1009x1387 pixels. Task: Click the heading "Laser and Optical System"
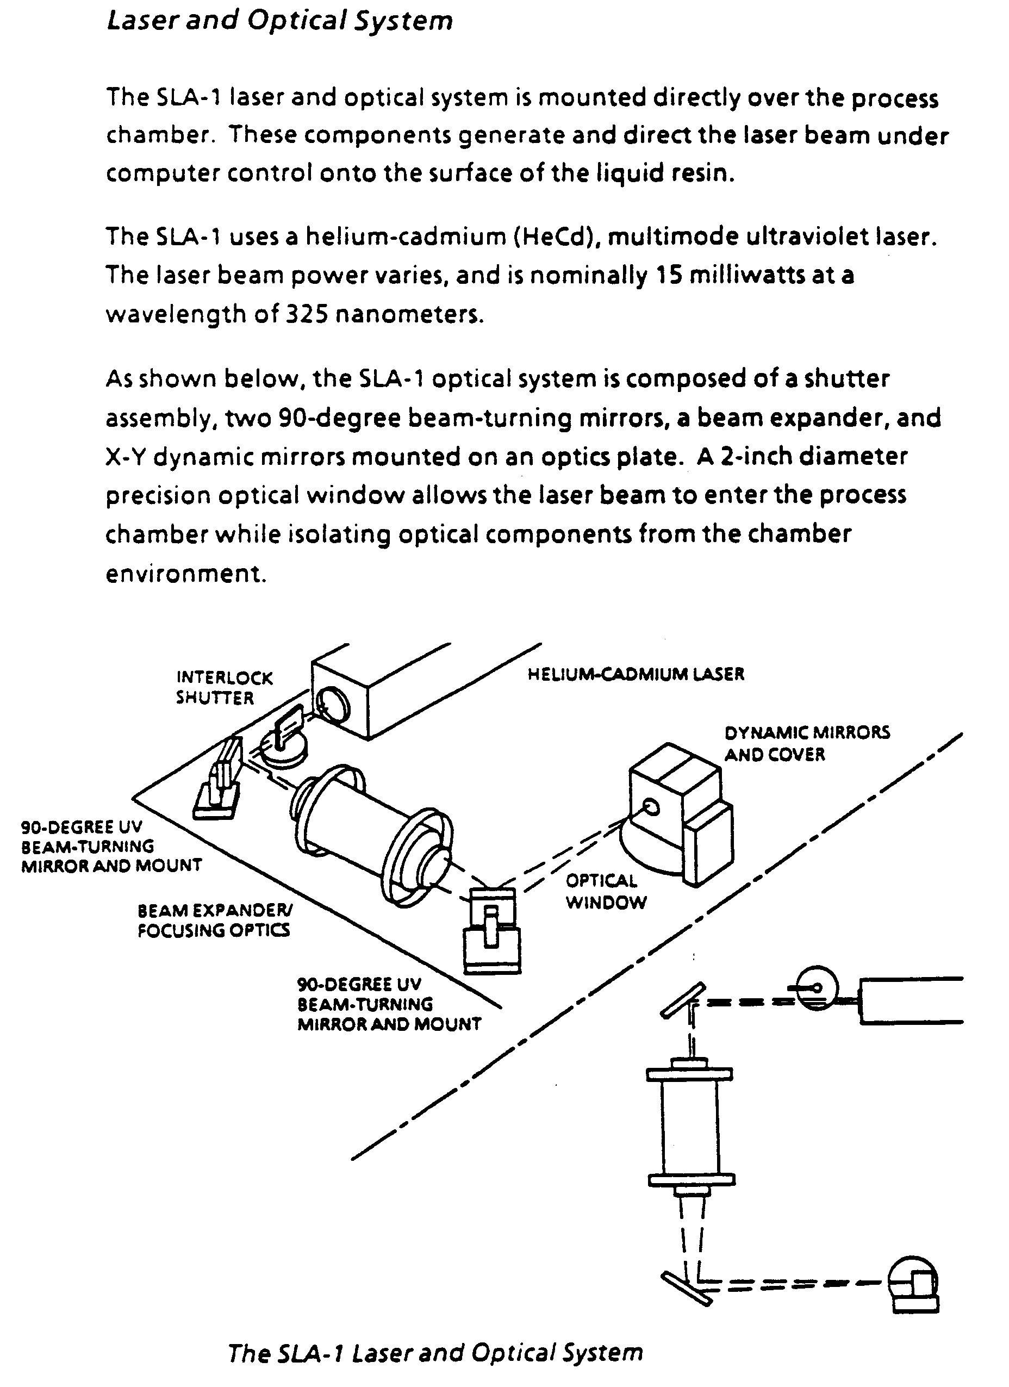click(x=279, y=21)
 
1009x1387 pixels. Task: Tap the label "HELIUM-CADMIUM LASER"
click(x=636, y=674)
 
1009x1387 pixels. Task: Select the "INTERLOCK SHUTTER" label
click(x=224, y=687)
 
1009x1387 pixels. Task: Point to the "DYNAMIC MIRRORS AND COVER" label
click(x=807, y=743)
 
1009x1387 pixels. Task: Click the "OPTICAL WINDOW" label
click(x=606, y=891)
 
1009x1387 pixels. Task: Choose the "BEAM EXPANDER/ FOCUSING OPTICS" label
click(x=214, y=920)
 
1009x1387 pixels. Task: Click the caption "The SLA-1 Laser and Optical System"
click(x=435, y=1352)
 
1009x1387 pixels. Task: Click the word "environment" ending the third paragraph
click(x=186, y=574)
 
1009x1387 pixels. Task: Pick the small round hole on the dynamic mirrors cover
click(x=651, y=808)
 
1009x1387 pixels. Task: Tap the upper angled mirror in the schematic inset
click(x=682, y=999)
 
